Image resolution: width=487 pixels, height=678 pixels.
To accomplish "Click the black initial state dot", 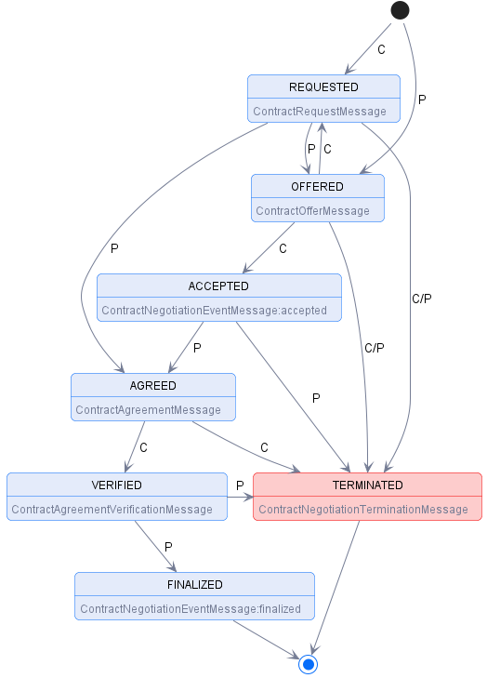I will click(400, 10).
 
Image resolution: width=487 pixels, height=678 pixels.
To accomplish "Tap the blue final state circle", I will click(309, 664).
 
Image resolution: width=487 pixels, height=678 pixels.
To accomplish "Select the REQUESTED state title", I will click(323, 87).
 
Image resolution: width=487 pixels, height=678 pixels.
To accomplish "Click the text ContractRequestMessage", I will click(319, 112).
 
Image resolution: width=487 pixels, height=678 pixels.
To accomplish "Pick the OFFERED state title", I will click(317, 187).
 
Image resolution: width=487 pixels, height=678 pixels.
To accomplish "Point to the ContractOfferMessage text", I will click(312, 211).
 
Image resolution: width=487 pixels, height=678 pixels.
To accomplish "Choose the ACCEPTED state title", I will click(218, 286).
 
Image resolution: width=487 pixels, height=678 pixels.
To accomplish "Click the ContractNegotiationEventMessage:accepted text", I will click(214, 311).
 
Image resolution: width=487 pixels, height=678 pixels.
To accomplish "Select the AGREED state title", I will click(153, 386).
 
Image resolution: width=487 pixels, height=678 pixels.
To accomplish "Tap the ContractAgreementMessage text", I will click(149, 410).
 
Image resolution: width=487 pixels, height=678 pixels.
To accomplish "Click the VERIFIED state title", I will click(116, 485).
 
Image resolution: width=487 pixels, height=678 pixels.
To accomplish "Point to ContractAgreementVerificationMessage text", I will click(112, 510).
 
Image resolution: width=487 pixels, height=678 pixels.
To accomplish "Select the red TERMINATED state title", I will click(368, 485).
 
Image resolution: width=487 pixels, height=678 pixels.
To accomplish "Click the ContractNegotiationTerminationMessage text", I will click(363, 510).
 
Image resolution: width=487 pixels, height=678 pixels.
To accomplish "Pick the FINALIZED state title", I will click(194, 585).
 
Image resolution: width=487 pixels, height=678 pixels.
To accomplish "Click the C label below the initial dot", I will click(381, 49).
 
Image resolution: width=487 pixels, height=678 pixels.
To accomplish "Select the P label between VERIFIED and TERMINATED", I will click(240, 485).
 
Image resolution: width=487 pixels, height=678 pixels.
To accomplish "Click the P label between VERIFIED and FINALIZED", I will click(168, 547).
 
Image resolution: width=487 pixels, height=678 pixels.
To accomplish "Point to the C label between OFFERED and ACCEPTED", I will click(283, 248).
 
